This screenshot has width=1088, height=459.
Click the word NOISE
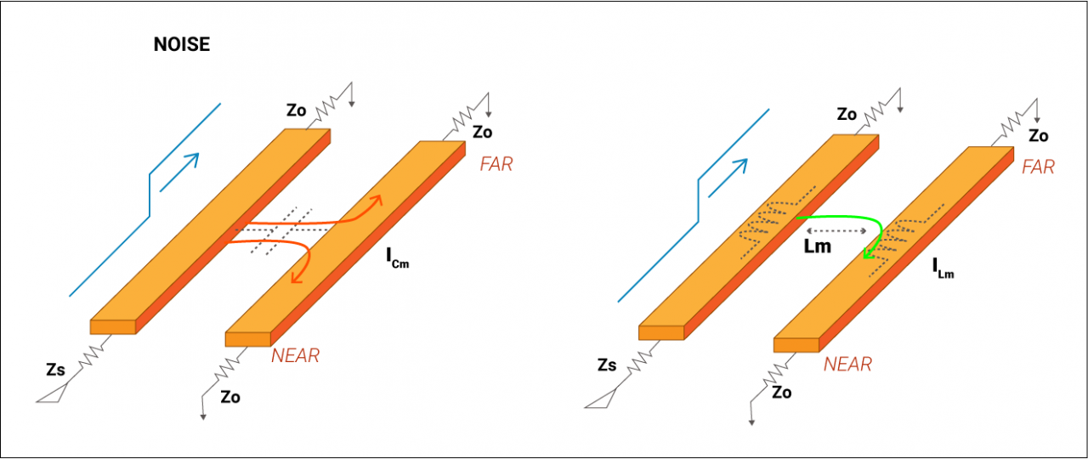tap(181, 45)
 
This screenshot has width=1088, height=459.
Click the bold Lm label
tap(818, 246)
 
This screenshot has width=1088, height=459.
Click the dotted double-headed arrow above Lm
tap(836, 230)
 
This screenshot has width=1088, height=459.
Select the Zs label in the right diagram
tap(606, 365)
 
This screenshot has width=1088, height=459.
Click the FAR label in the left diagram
tap(496, 165)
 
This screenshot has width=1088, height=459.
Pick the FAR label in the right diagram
tap(1038, 167)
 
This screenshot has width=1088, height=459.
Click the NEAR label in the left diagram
tap(295, 356)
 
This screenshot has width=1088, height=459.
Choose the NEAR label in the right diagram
tap(847, 365)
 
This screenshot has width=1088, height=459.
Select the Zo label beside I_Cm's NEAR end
tap(230, 396)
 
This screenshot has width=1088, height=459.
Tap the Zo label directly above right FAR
tap(1038, 136)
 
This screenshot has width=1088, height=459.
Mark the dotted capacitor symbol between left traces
tap(280, 229)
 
